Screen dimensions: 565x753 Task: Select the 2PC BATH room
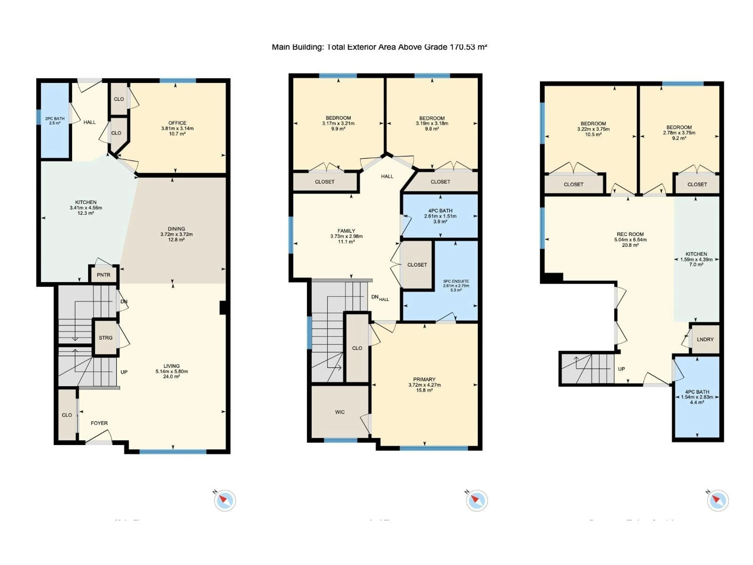[55, 121]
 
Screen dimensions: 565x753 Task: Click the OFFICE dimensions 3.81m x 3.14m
[177, 128]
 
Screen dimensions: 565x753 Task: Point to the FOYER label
[99, 423]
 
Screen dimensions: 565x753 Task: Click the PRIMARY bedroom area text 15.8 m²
[424, 390]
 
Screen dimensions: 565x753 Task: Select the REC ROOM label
[630, 234]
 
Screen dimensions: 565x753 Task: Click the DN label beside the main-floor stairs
[124, 301]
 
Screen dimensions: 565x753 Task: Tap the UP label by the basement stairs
[621, 369]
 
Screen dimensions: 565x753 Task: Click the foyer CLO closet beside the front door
[67, 415]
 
